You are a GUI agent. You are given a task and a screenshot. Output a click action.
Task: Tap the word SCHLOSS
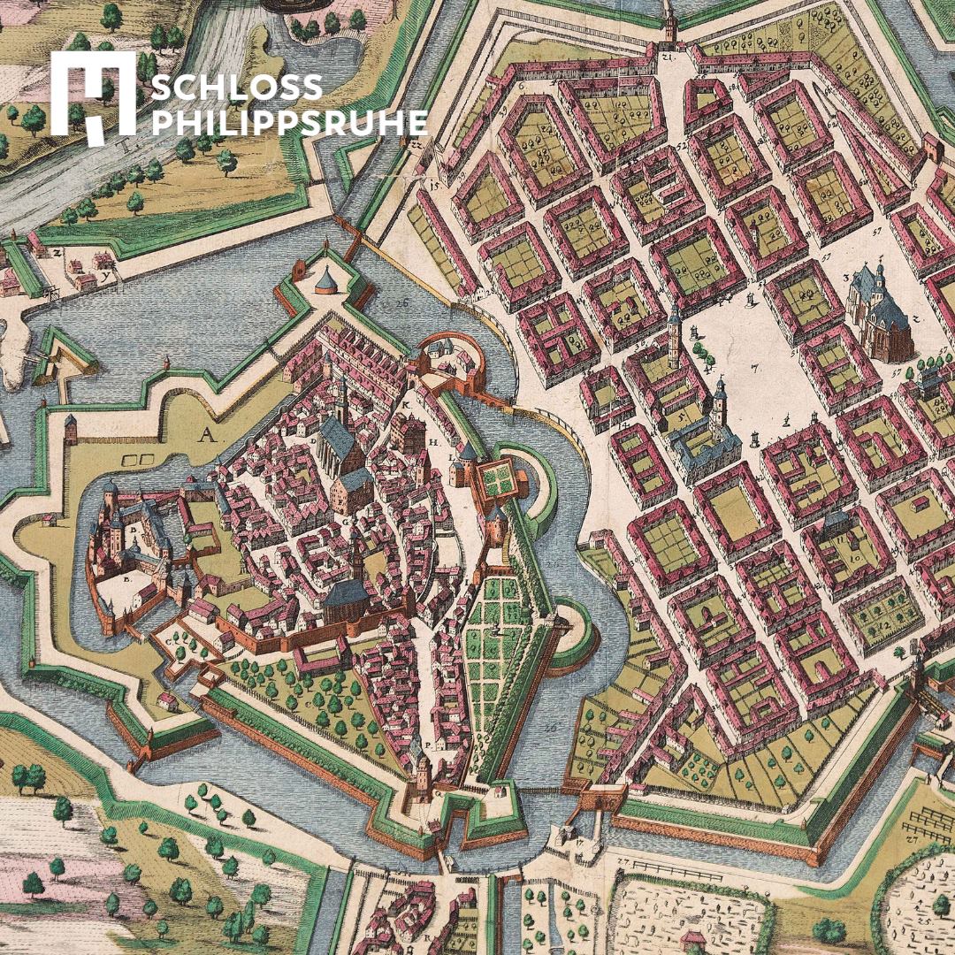point(238,88)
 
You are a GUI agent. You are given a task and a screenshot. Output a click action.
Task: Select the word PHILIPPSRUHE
point(289,123)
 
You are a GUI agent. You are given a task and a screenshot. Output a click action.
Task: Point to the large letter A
point(208,434)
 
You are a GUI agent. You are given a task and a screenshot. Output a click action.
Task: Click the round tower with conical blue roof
point(326,281)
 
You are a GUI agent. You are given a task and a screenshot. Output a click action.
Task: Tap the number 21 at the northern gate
point(668,57)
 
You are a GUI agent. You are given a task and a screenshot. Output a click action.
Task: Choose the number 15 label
point(434,187)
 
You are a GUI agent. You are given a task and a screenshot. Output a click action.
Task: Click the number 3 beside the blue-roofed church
point(846,277)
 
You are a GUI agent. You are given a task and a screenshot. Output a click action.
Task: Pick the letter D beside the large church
point(315,437)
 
